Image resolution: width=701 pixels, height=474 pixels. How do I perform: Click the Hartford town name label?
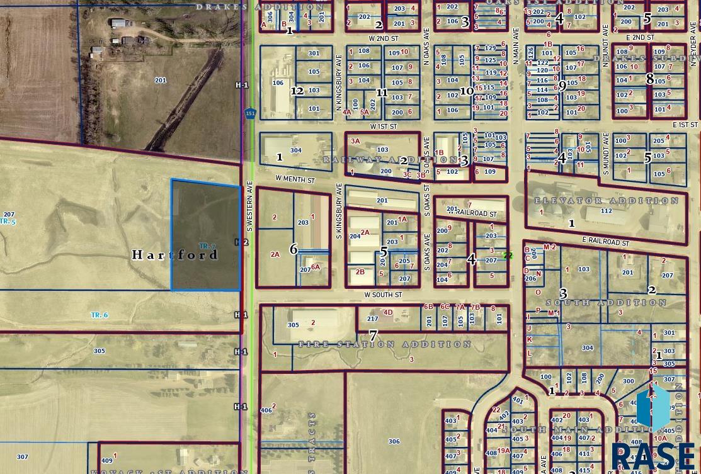coord(175,255)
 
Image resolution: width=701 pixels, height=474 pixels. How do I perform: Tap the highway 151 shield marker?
coord(251,113)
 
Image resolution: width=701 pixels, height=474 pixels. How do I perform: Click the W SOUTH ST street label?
coord(383,295)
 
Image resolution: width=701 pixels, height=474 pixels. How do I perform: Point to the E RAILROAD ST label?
coord(605,242)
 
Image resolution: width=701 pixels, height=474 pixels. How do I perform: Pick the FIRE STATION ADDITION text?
coord(385,344)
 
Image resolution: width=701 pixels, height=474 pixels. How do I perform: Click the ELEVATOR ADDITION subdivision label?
coord(607,201)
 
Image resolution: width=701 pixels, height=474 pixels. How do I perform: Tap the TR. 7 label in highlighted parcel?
coord(207,246)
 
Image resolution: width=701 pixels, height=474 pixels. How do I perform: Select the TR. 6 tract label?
coord(100,315)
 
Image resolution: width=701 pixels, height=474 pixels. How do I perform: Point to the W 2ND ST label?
coord(384,39)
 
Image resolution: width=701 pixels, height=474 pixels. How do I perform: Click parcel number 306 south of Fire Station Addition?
coord(394,441)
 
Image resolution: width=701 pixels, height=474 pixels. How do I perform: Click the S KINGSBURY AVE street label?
coord(339,211)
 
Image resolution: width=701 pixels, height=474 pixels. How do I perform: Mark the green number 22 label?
coord(508,256)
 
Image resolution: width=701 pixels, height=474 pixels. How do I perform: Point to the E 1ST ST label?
coord(685,125)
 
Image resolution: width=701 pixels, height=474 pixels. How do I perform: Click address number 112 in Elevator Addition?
coord(606,211)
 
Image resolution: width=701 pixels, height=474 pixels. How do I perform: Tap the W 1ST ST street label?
coord(384,127)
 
